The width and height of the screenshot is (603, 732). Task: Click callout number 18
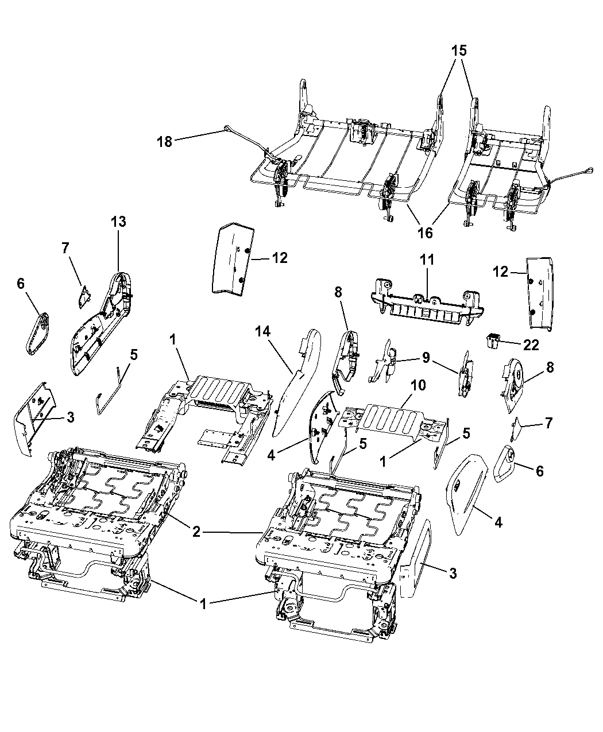[164, 142]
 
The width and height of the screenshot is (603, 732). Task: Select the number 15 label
[459, 51]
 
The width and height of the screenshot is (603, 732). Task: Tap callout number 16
[425, 233]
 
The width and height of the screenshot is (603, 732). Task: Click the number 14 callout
[263, 331]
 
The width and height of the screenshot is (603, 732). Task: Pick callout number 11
[427, 260]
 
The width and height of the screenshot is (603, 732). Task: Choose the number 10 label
[418, 385]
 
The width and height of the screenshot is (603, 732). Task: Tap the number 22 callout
[531, 345]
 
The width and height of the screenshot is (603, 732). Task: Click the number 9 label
[426, 358]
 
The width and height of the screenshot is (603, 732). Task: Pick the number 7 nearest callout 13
[65, 248]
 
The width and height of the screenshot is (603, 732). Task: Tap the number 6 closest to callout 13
[21, 283]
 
